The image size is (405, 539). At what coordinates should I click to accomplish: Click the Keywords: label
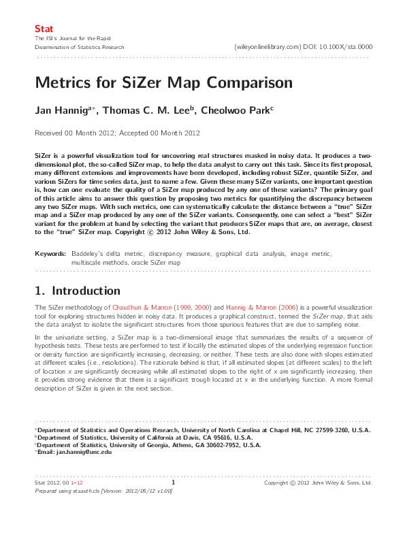(x=51, y=253)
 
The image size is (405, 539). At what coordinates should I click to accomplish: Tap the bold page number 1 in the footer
(x=174, y=483)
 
